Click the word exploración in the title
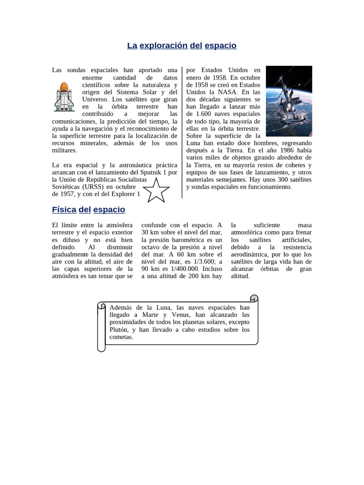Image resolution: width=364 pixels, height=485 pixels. pyautogui.click(x=164, y=45)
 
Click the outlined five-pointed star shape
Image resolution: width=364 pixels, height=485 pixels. pyautogui.click(x=156, y=190)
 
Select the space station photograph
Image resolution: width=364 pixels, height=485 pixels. pyautogui.click(x=289, y=101)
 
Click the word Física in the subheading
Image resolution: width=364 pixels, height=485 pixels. pyautogui.click(x=64, y=209)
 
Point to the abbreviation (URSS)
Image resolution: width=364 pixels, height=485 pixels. pyautogui.click(x=97, y=187)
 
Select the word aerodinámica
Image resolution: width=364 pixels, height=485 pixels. pyautogui.click(x=250, y=254)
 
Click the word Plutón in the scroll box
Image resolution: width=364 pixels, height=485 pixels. pyautogui.click(x=119, y=330)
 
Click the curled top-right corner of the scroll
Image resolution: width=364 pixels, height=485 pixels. pyautogui.click(x=254, y=298)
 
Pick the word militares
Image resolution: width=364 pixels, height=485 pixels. pyautogui.click(x=64, y=150)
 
